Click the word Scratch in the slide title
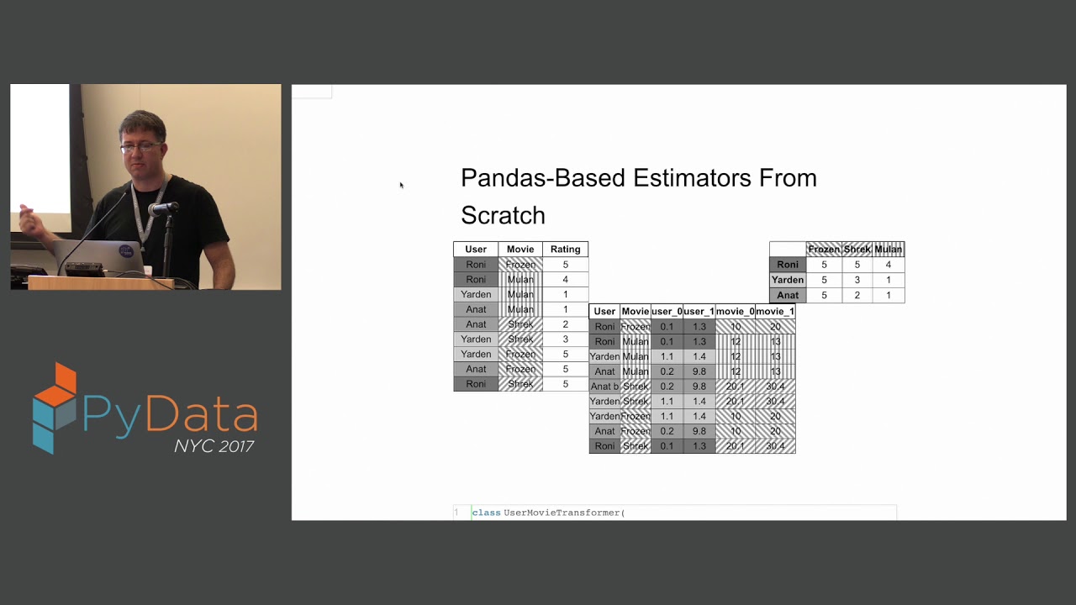pyautogui.click(x=503, y=216)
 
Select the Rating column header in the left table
pyautogui.click(x=565, y=250)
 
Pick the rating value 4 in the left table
pyautogui.click(x=565, y=280)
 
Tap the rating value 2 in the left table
pyautogui.click(x=565, y=324)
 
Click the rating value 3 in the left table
pyautogui.click(x=565, y=339)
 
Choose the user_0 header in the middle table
pyautogui.click(x=667, y=312)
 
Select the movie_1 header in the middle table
pyautogui.click(x=774, y=312)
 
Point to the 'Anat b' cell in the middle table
pyautogui.click(x=604, y=387)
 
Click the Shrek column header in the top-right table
pyautogui.click(x=857, y=250)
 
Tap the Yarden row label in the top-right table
pyautogui.click(x=788, y=280)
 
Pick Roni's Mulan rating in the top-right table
pyautogui.click(x=888, y=265)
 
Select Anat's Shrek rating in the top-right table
pyautogui.click(x=857, y=295)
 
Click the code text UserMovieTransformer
pyautogui.click(x=562, y=513)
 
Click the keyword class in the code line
pyautogui.click(x=486, y=513)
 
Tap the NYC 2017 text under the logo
pyautogui.click(x=214, y=446)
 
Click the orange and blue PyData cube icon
pyautogui.click(x=55, y=408)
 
